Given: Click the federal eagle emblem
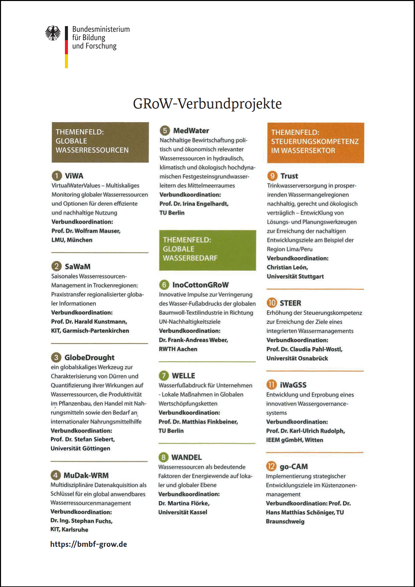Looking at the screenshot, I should pyautogui.click(x=53, y=33).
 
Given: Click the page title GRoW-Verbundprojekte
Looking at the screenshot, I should pyautogui.click(x=207, y=104).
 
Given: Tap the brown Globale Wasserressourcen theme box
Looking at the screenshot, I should pyautogui.click(x=100, y=142).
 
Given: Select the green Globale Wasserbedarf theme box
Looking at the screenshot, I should pyautogui.click(x=207, y=250).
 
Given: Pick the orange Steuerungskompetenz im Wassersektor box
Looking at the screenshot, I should pyautogui.click(x=315, y=143).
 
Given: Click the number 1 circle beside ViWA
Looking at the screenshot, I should pyautogui.click(x=57, y=176).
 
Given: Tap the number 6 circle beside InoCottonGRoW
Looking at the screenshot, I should pyautogui.click(x=164, y=285).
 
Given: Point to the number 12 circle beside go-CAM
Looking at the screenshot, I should pyautogui.click(x=271, y=466).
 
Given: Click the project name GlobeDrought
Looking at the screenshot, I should pyautogui.click(x=89, y=357).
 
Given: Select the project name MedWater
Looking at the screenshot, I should pyautogui.click(x=191, y=131).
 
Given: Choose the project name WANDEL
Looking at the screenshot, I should pyautogui.click(x=186, y=457).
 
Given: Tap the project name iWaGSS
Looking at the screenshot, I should pyautogui.click(x=293, y=385).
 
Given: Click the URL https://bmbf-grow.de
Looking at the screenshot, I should pyautogui.click(x=89, y=544).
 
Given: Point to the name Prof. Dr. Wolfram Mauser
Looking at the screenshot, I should pyautogui.click(x=86, y=231).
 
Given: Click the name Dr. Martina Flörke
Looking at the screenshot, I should pyautogui.click(x=184, y=503).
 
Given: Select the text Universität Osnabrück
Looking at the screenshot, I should pyautogui.click(x=297, y=358).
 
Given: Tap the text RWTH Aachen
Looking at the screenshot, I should pyautogui.click(x=178, y=349).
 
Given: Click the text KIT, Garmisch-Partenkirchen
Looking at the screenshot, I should pyautogui.click(x=90, y=331).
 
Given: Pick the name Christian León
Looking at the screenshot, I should pyautogui.click(x=287, y=267).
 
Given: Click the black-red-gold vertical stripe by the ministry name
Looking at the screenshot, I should pyautogui.click(x=66, y=47).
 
